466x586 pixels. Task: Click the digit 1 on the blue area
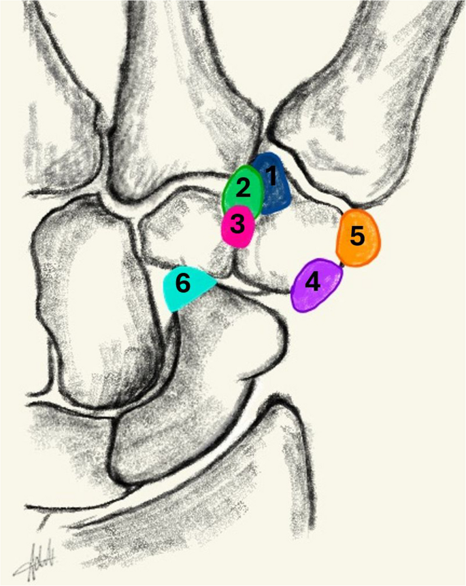point(272,176)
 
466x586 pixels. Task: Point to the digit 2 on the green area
point(244,189)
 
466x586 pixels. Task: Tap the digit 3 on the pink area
point(237,224)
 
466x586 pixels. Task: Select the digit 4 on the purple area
point(312,282)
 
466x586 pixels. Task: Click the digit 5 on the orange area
point(358,235)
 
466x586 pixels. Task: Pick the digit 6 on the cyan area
point(183,282)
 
